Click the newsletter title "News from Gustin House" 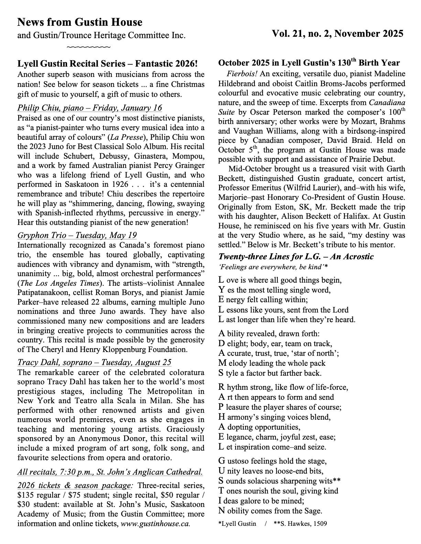click(79, 22)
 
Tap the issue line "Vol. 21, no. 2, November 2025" click(337, 34)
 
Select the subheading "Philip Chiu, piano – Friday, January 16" click(89, 108)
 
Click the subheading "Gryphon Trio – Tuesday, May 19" click(77, 235)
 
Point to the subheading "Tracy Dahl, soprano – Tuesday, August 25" click(94, 362)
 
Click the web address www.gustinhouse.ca click(155, 524)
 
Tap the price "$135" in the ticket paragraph click(25, 495)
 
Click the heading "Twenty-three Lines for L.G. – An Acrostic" click(296, 257)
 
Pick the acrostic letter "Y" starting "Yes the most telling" click(221, 290)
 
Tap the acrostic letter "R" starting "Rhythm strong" click(222, 387)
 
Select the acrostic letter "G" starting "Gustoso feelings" click(222, 461)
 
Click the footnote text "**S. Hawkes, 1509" click(300, 524)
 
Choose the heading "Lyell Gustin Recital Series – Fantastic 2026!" click(108, 64)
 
